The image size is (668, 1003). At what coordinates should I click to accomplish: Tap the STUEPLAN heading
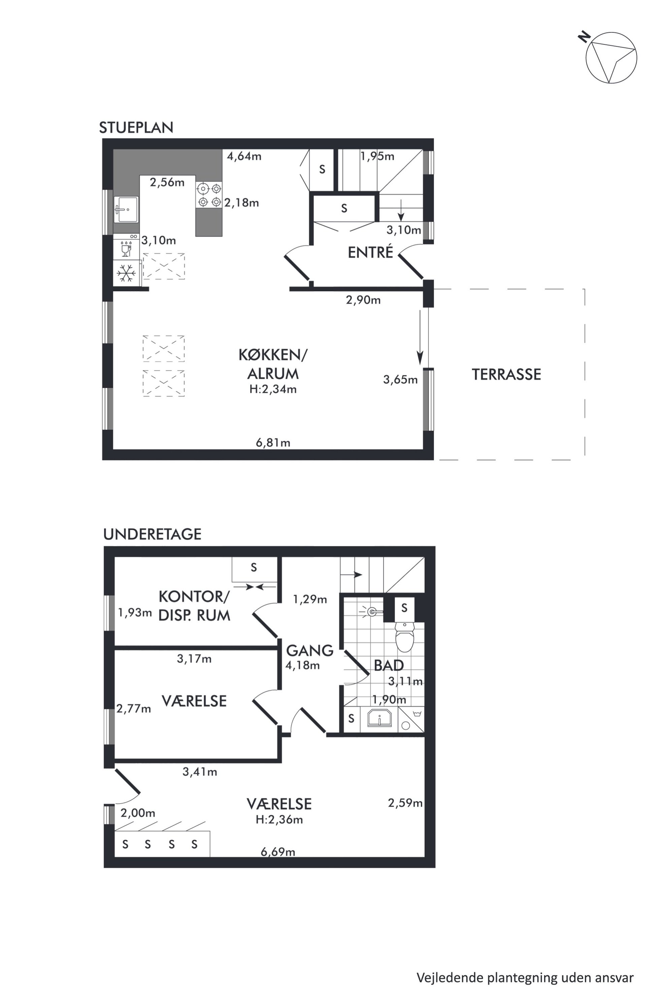(136, 127)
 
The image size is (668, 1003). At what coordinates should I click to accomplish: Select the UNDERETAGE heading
(152, 534)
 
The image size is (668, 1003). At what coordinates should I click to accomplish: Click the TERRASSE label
(506, 374)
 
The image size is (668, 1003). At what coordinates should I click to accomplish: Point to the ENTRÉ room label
(370, 252)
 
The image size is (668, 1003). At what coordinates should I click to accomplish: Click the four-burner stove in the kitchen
(209, 195)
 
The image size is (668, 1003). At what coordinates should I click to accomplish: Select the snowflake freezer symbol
(126, 273)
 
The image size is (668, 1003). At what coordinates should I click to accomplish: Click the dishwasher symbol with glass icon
(126, 246)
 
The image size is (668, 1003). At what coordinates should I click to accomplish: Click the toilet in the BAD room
(404, 637)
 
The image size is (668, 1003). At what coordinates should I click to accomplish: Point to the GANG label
(310, 650)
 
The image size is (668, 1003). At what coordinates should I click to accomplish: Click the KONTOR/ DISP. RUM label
(194, 606)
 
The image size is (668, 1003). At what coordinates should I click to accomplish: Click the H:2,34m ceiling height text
(273, 389)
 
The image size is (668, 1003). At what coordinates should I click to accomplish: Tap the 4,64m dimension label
(244, 156)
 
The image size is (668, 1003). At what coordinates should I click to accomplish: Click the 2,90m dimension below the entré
(363, 300)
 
